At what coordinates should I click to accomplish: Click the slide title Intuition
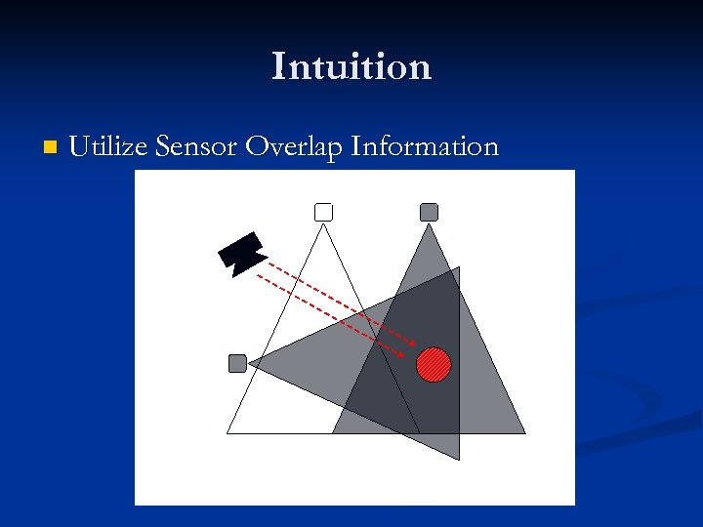pos(351,66)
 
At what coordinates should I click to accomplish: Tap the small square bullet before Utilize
pos(51,148)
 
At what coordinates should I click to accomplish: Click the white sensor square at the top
pos(324,212)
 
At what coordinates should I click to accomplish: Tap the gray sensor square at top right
pos(429,212)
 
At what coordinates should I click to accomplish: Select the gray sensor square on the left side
pos(237,363)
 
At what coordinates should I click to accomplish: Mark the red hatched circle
pos(434,364)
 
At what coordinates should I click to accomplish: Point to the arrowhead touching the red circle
pos(415,348)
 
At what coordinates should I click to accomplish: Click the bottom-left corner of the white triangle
pos(227,432)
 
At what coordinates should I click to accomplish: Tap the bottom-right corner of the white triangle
pos(419,432)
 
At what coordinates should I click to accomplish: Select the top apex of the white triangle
pos(324,223)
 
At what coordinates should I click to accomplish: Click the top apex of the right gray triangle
pos(429,223)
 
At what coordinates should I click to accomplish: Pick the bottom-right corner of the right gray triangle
pos(524,432)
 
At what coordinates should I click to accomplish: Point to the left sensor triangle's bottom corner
pos(459,459)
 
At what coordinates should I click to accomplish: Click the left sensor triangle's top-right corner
pos(459,267)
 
